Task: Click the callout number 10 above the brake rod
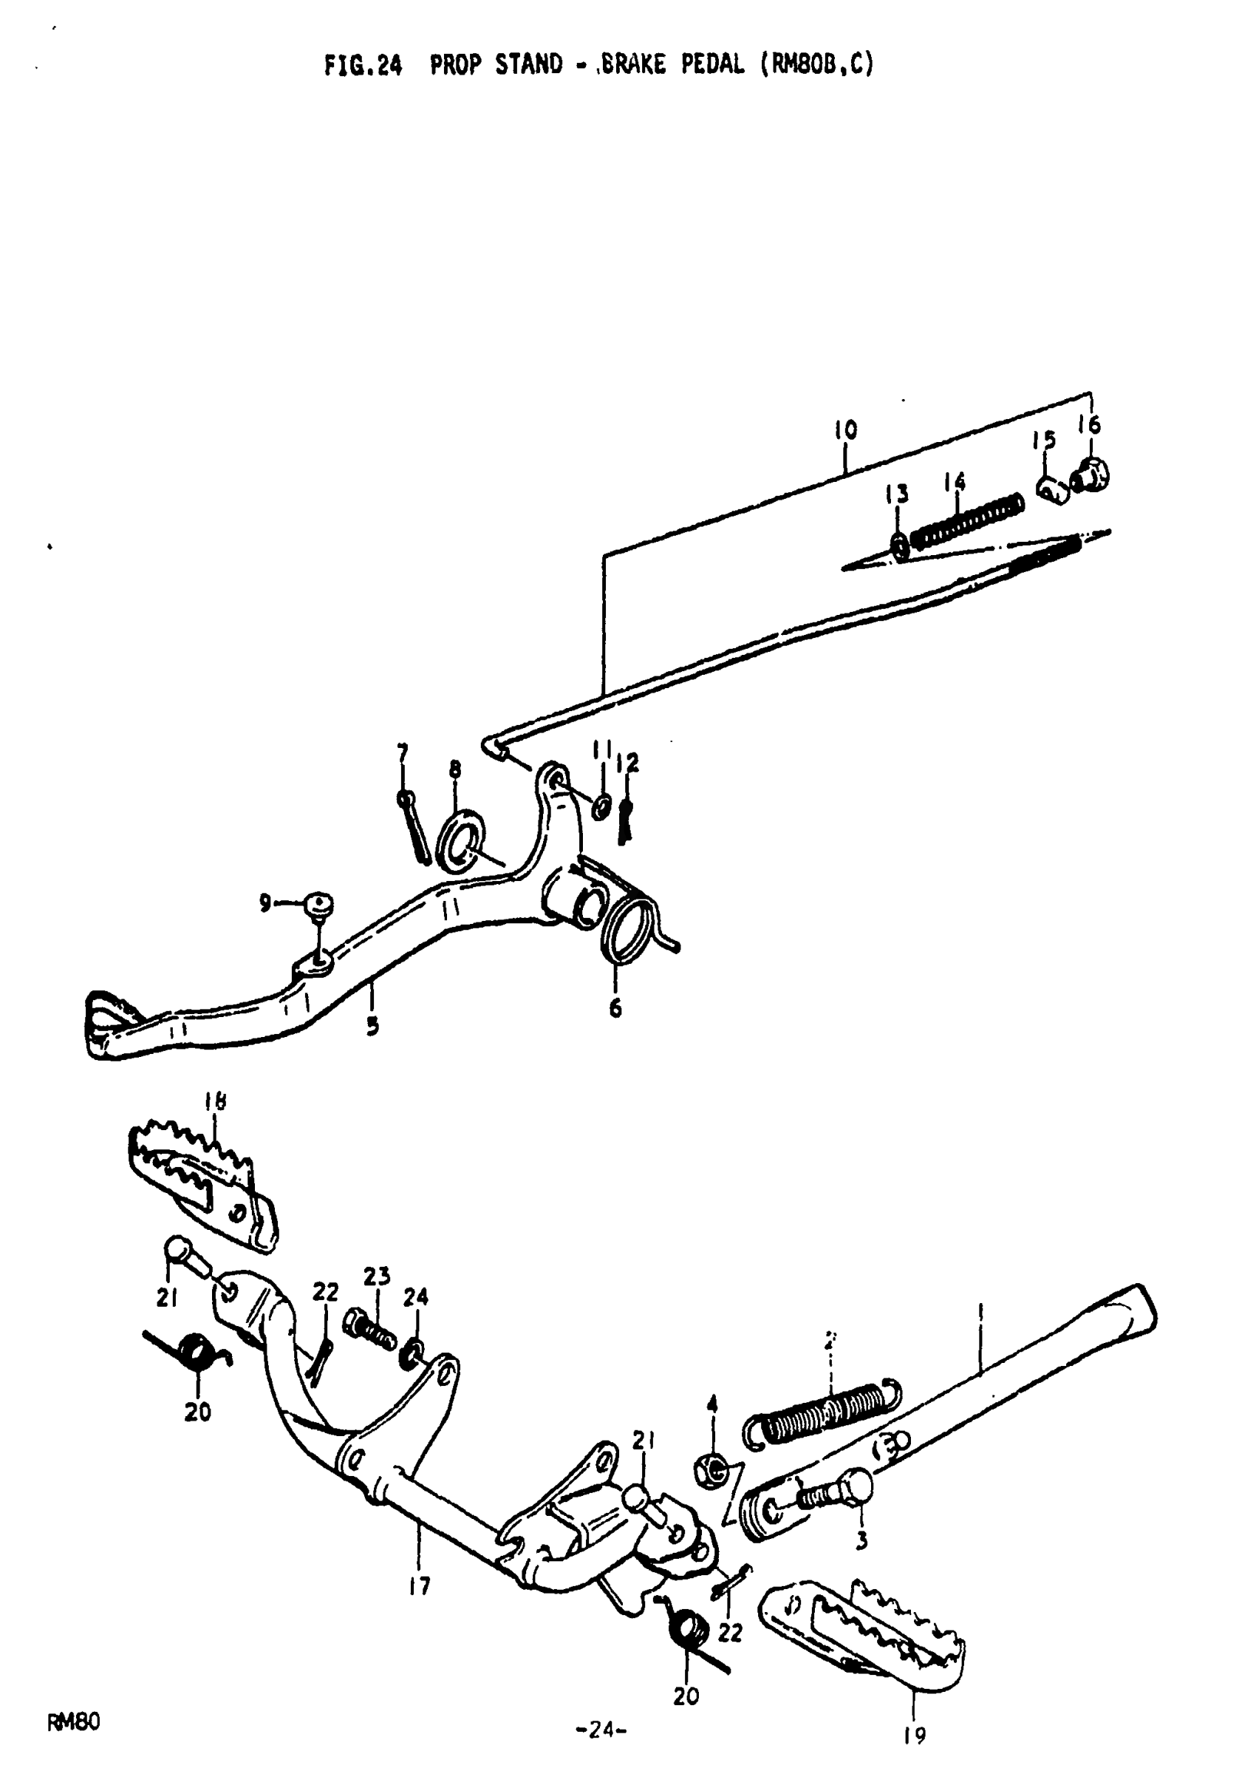coord(846,430)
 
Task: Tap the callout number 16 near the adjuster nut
coord(1090,424)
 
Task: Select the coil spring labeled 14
coord(967,520)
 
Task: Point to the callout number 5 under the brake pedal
coord(373,1025)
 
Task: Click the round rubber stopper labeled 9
coord(318,903)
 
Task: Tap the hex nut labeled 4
coord(709,1469)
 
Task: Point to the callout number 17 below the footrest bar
coord(420,1586)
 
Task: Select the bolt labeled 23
coord(369,1330)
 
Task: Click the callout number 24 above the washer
coord(416,1296)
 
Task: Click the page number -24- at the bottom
coord(601,1729)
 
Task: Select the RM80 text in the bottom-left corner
coord(74,1723)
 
